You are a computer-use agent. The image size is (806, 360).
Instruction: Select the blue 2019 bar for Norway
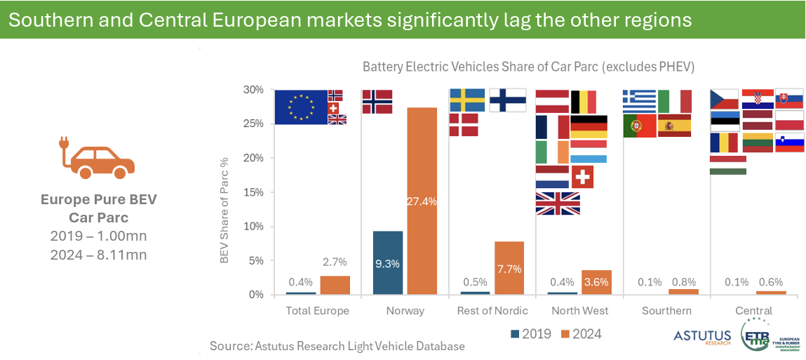pos(388,262)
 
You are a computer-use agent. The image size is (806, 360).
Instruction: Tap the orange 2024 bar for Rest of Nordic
pos(509,268)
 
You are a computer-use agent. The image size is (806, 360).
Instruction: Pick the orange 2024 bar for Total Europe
pos(335,285)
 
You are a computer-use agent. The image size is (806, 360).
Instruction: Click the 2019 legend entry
pos(531,334)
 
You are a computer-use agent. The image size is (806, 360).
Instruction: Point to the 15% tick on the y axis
pos(253,192)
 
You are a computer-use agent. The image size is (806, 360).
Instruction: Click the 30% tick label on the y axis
pos(253,90)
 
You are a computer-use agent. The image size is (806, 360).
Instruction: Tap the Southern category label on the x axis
pos(666,311)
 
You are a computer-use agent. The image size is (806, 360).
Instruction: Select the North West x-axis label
pos(579,311)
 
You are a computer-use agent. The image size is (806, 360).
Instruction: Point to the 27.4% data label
pos(422,201)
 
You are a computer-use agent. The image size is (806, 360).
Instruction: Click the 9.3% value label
pos(388,265)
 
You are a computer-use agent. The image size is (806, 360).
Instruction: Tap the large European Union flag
pos(301,107)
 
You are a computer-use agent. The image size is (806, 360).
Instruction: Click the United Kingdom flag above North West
pos(558,204)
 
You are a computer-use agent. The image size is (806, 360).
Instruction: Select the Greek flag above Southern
pos(639,101)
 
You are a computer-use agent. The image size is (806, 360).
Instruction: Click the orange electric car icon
pos(96,159)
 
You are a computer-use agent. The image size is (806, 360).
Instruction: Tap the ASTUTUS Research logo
pos(701,338)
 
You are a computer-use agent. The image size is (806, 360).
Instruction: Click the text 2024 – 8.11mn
pos(98,255)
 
